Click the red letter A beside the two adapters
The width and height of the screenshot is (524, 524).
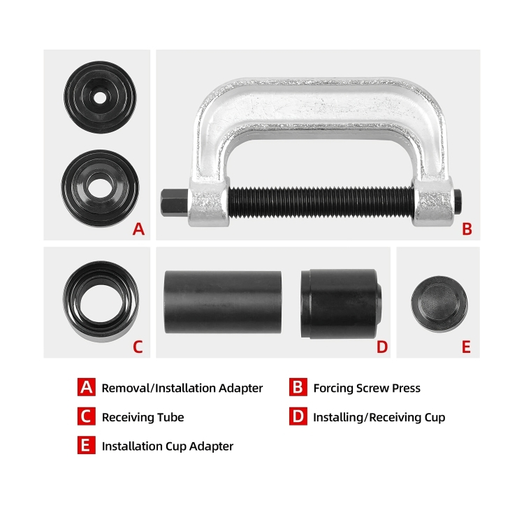click(x=139, y=229)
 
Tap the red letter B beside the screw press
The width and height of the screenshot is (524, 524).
click(x=467, y=229)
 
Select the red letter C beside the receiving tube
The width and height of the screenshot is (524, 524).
click(x=138, y=347)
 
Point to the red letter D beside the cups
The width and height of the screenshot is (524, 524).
click(x=382, y=347)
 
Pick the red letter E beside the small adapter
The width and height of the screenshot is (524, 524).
click(x=466, y=347)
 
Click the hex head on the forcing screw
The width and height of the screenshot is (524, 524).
click(x=174, y=202)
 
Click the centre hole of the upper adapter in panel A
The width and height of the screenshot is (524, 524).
click(x=100, y=98)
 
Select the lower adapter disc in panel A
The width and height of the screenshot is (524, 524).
click(x=100, y=188)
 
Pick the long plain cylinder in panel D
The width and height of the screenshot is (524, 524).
click(x=223, y=302)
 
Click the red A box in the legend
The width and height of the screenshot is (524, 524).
click(x=86, y=387)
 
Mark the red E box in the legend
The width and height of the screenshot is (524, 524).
click(x=86, y=445)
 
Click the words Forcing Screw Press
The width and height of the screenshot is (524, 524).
click(x=367, y=388)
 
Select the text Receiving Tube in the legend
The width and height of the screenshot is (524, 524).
click(x=143, y=417)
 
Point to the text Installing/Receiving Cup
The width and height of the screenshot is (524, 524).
click(x=379, y=417)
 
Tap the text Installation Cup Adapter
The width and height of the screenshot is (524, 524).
click(x=168, y=446)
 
